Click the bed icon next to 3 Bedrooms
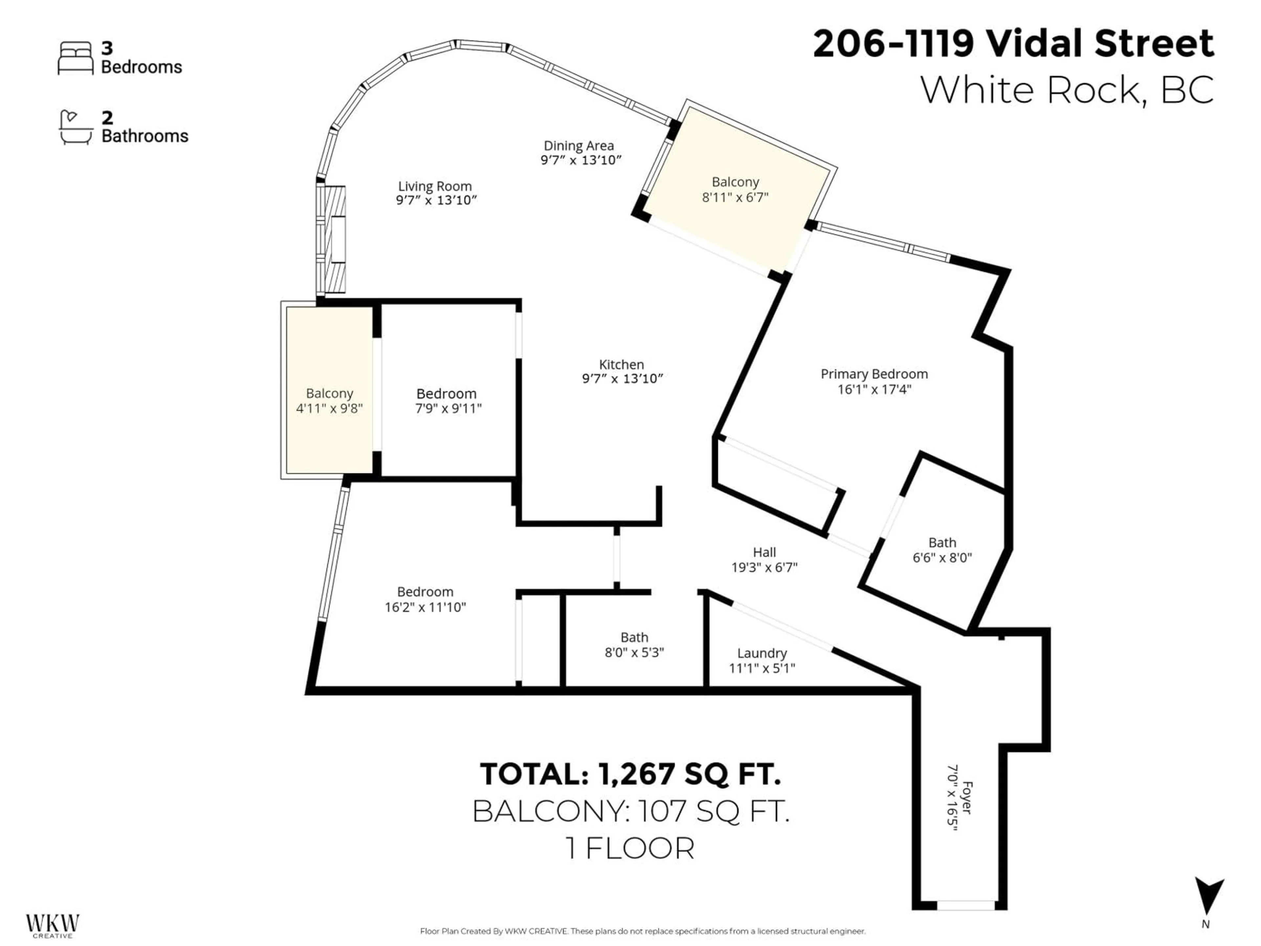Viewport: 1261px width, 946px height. coord(75,58)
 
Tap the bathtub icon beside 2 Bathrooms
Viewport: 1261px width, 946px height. coord(76,128)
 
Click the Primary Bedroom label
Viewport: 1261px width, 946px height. coord(874,374)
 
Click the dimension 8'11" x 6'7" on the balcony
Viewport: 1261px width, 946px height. coord(735,197)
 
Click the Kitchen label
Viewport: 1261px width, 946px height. coord(621,364)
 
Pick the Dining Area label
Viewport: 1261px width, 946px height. coord(579,146)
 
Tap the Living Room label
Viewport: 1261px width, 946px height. coord(435,187)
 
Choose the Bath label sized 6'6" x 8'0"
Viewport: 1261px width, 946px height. coord(942,543)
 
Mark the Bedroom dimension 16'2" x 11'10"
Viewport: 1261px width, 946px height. coord(425,607)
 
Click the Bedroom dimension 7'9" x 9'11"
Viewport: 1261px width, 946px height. coord(448,408)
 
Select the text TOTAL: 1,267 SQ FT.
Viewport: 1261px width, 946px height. coord(630,774)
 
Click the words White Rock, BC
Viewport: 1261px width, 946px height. coord(1067,90)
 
